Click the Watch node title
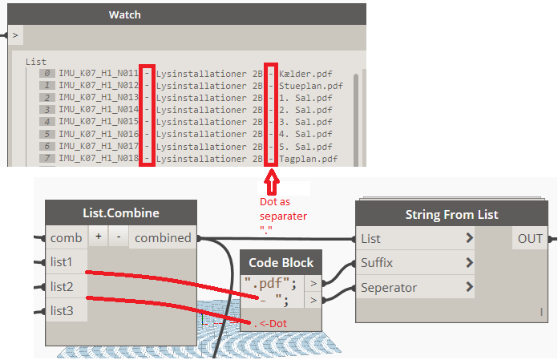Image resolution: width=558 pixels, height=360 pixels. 124,14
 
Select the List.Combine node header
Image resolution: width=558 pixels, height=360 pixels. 121,213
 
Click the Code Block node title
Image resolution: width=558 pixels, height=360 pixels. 281,262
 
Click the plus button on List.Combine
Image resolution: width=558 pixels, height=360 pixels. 99,238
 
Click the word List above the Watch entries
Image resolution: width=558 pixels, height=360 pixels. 36,61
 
